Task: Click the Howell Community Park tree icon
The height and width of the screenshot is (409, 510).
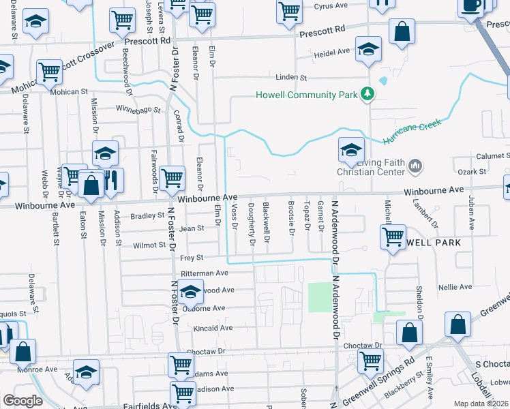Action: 367,93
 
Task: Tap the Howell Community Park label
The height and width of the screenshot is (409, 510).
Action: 306,94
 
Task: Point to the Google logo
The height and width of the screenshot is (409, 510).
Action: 22,401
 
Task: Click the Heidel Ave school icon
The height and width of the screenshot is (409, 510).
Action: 369,50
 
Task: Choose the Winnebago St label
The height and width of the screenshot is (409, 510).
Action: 137,109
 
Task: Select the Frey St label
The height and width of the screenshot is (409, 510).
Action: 192,258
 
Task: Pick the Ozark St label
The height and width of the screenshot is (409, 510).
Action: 471,172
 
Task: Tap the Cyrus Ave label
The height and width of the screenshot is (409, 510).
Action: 332,6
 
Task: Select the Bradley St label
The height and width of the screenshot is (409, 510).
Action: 143,216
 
